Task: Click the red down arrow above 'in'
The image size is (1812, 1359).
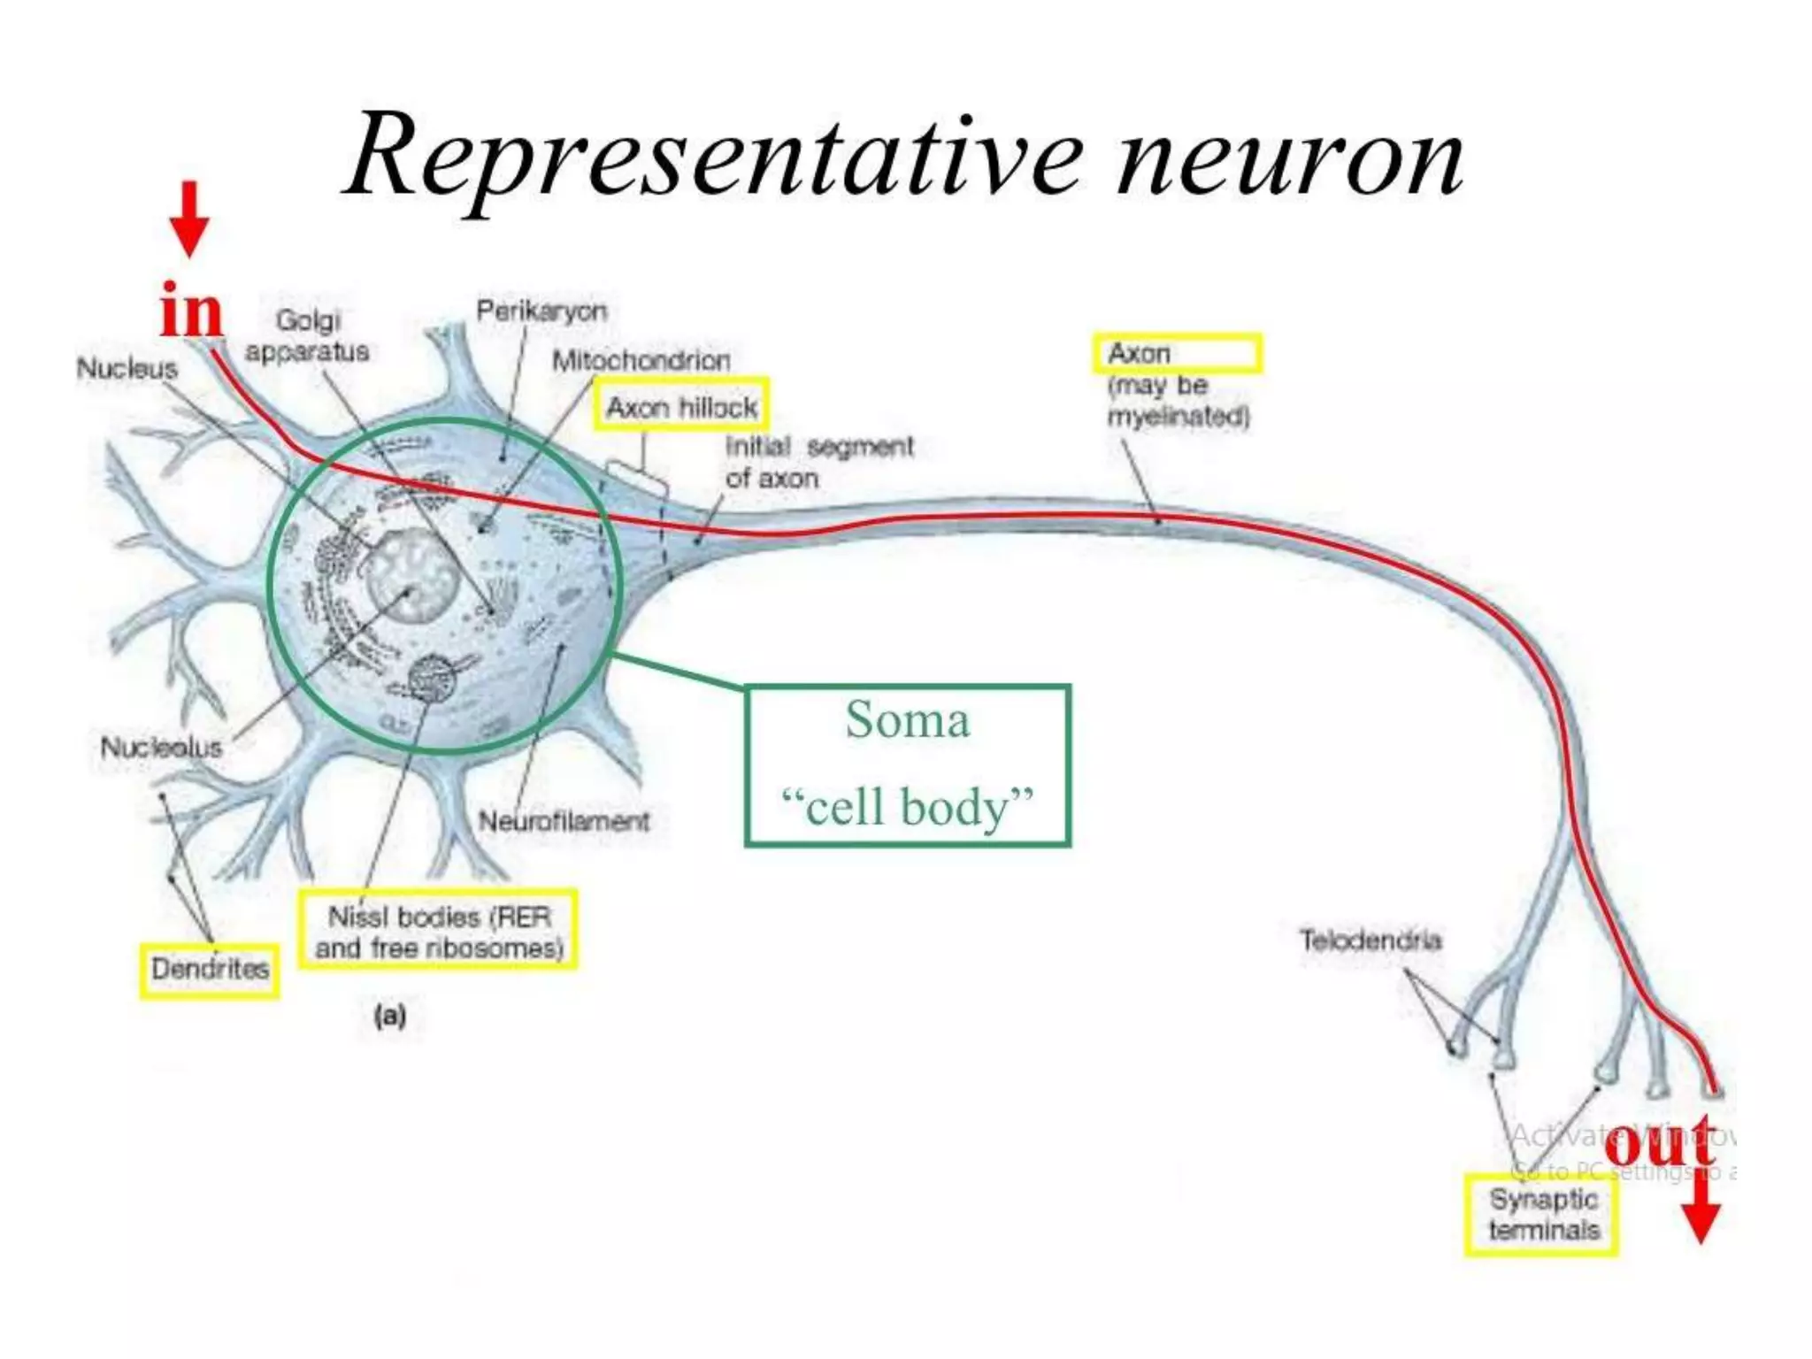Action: click(x=189, y=218)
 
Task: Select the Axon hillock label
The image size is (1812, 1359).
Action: click(x=680, y=407)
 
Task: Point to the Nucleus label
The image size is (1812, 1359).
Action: click(x=127, y=368)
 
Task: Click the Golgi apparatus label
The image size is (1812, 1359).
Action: click(x=307, y=335)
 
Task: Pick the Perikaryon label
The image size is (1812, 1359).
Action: click(x=541, y=311)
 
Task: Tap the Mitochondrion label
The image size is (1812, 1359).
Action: click(x=641, y=360)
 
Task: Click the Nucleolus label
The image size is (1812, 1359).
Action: click(x=161, y=748)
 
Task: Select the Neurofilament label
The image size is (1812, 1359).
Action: click(x=564, y=821)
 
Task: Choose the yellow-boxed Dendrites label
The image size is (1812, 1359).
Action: click(x=210, y=969)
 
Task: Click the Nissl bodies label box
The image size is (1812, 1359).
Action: click(x=438, y=931)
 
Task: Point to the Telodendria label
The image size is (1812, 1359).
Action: click(x=1370, y=940)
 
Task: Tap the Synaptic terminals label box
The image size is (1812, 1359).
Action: click(x=1543, y=1215)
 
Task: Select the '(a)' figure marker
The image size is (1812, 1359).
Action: click(x=389, y=1016)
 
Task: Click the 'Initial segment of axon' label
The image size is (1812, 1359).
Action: click(x=818, y=462)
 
